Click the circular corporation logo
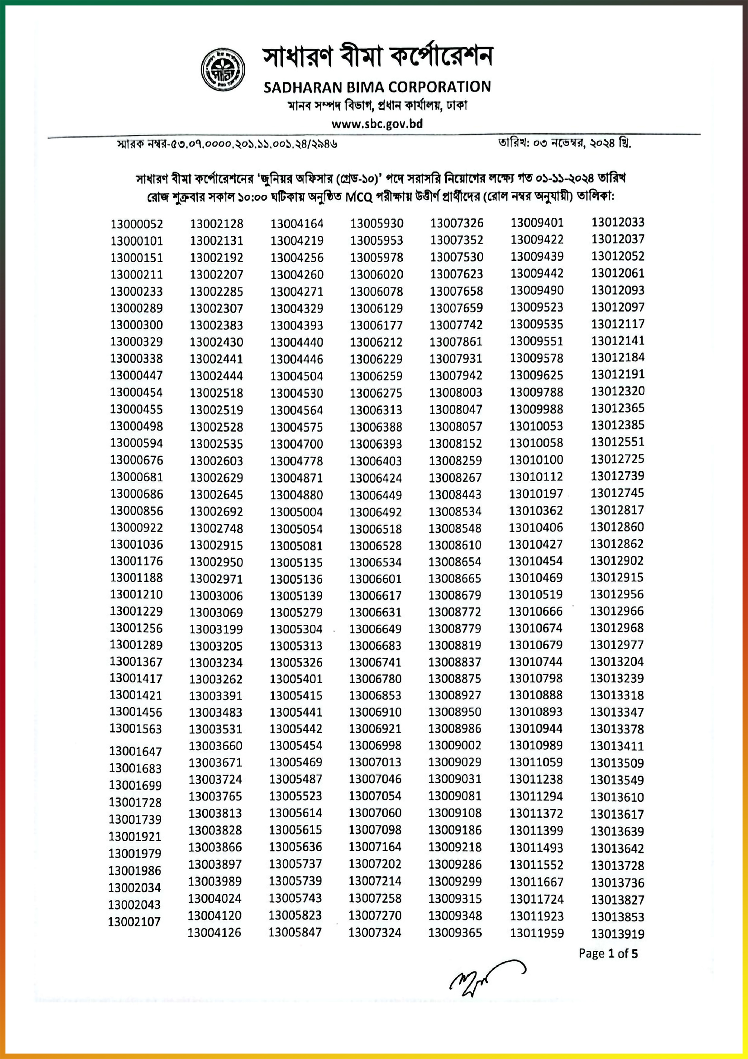[223, 69]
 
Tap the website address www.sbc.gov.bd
[377, 124]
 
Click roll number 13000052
[136, 224]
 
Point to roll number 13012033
[618, 222]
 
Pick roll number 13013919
[618, 934]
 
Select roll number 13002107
[134, 922]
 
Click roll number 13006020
[376, 274]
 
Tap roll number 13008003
[455, 393]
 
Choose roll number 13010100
[536, 460]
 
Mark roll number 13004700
[296, 444]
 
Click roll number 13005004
[296, 512]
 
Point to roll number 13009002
[454, 745]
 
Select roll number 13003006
[216, 595]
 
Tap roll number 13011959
[537, 933]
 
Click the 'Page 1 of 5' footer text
[608, 954]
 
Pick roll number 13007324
[375, 933]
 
